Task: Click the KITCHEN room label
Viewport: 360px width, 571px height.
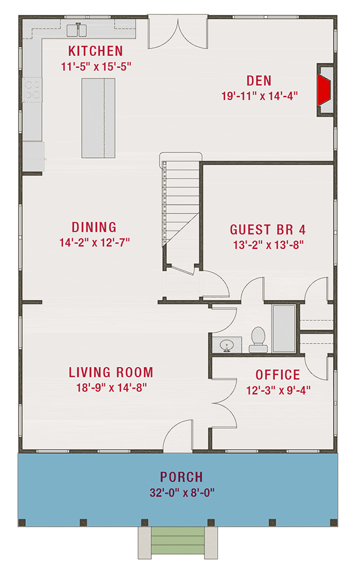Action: tap(95, 51)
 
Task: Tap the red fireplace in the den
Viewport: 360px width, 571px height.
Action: tap(323, 91)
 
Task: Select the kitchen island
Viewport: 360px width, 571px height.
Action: tap(98, 118)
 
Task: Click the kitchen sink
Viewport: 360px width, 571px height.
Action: tap(77, 30)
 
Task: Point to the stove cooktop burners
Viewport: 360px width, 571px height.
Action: tap(32, 90)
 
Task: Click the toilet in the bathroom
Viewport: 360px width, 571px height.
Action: tap(259, 339)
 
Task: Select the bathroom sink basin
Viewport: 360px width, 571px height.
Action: tap(227, 345)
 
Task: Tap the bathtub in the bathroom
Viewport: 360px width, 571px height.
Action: tap(284, 329)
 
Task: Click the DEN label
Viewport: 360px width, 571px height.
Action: tap(259, 80)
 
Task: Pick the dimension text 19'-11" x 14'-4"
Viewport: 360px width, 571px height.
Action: tap(259, 96)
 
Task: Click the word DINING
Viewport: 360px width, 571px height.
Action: tap(94, 227)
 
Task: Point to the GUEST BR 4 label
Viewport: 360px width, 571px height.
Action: tap(268, 230)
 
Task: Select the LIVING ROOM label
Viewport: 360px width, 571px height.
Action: tap(111, 372)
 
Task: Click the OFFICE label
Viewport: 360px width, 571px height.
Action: tap(278, 375)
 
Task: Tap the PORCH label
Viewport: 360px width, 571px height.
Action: tap(181, 477)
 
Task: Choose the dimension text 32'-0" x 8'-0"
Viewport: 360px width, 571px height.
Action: tap(182, 492)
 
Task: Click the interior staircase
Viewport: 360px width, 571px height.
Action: tap(181, 211)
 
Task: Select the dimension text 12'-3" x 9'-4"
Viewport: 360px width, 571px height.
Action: tap(278, 390)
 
